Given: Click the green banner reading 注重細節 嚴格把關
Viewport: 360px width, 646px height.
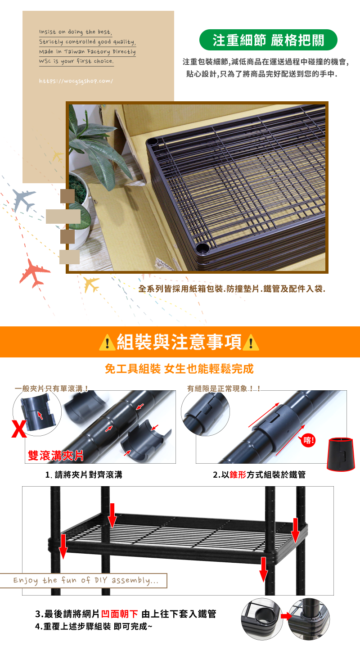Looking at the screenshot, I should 268,40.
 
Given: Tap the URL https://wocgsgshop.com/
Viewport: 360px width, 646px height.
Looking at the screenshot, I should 76,81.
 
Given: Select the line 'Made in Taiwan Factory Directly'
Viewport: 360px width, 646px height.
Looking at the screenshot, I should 87,52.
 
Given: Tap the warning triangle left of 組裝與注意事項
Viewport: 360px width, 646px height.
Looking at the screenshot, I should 107,343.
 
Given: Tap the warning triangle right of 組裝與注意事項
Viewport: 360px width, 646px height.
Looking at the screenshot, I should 250,343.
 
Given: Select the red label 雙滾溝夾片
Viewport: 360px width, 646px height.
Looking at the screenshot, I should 56,456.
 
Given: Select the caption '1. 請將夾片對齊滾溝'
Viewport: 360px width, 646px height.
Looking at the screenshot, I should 84,474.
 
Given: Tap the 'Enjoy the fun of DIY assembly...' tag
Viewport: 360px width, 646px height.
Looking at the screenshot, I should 85,580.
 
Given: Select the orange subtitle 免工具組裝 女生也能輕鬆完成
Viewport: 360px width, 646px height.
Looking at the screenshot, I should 179,369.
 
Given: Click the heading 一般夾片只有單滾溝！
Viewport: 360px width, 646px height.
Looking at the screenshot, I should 51,388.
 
